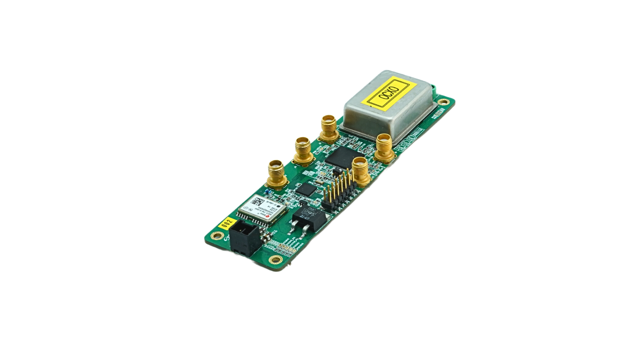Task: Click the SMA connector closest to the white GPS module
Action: point(276,172)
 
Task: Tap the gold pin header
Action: point(338,192)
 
